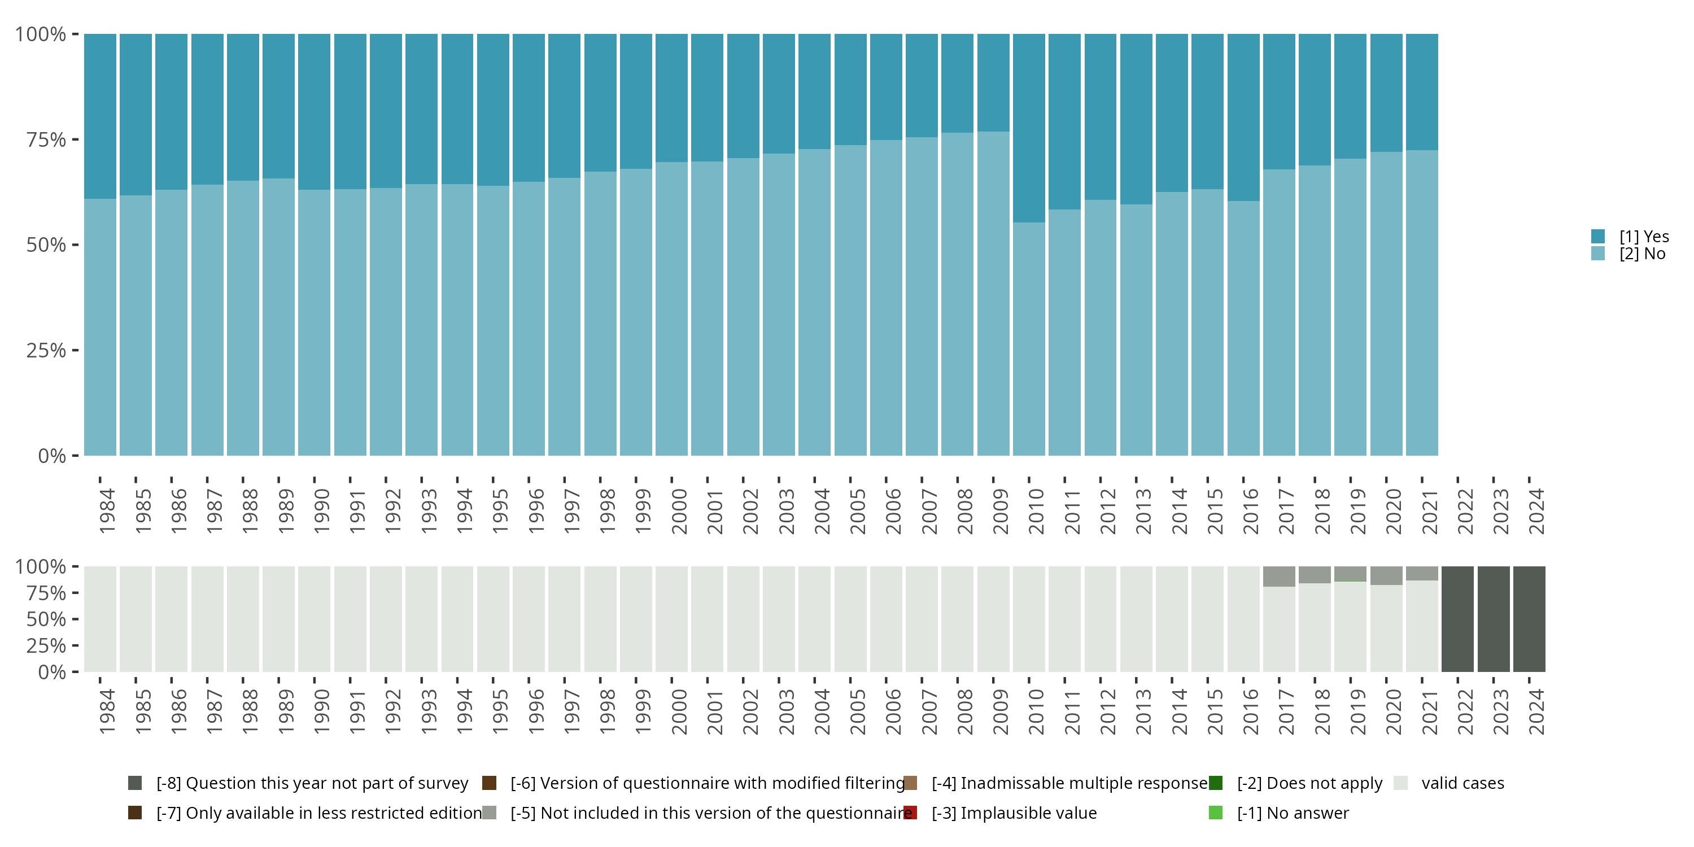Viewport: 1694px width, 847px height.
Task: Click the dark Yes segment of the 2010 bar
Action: pyautogui.click(x=1028, y=128)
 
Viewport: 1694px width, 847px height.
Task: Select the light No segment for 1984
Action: pyautogui.click(x=100, y=327)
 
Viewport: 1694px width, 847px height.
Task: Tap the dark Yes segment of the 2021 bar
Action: pyautogui.click(x=1422, y=92)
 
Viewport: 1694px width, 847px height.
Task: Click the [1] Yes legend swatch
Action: pyautogui.click(x=1598, y=236)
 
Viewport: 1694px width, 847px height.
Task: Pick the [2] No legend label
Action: pyautogui.click(x=1642, y=254)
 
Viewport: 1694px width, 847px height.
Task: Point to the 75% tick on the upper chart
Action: pyautogui.click(x=76, y=139)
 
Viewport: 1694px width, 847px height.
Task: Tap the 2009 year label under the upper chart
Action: pyautogui.click(x=1000, y=511)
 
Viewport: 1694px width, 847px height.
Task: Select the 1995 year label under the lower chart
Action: pyautogui.click(x=500, y=711)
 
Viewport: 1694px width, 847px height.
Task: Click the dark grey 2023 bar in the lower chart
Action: pyautogui.click(x=1494, y=619)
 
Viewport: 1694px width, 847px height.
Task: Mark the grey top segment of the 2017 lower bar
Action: pyautogui.click(x=1279, y=576)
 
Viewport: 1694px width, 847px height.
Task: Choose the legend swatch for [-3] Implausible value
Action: pyautogui.click(x=910, y=813)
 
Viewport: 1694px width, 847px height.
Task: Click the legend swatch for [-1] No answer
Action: pyautogui.click(x=1215, y=813)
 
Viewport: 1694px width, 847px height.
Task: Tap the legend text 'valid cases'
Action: pyautogui.click(x=1462, y=783)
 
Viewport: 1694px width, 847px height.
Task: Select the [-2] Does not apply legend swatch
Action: pyautogui.click(x=1215, y=783)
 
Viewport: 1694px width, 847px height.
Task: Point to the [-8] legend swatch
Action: pyautogui.click(x=135, y=783)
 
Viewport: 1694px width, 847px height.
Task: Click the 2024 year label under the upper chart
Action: pyautogui.click(x=1536, y=511)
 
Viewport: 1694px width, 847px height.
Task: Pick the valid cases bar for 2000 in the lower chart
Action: pyautogui.click(x=671, y=619)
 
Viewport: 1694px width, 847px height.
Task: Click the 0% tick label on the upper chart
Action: pyautogui.click(x=52, y=456)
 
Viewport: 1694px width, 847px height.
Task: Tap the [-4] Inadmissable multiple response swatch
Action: pyautogui.click(x=910, y=783)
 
